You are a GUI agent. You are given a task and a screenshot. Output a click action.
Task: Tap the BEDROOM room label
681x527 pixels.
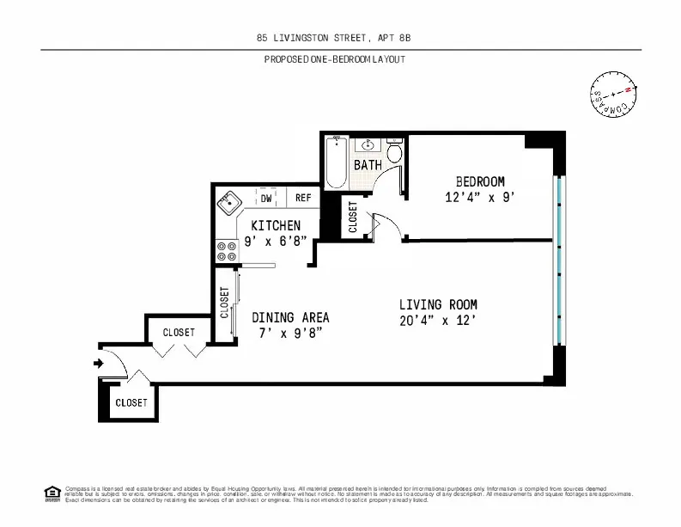(x=479, y=181)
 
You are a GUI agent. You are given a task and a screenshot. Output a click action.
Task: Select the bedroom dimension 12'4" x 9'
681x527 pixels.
(x=479, y=197)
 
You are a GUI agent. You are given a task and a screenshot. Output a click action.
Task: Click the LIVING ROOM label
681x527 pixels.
(x=438, y=304)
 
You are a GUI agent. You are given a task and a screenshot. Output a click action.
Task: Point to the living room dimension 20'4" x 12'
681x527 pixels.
(x=438, y=321)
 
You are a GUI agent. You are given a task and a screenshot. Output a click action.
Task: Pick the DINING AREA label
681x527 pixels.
(x=290, y=317)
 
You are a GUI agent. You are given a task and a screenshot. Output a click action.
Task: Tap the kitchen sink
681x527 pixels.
(x=228, y=205)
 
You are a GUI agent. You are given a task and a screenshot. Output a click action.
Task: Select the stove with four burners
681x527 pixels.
(x=228, y=250)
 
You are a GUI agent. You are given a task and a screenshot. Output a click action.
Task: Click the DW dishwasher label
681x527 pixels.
(x=266, y=198)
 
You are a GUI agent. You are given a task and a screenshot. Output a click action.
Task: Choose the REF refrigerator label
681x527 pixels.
(x=302, y=198)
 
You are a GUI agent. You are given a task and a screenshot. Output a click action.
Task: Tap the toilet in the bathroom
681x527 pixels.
(x=394, y=152)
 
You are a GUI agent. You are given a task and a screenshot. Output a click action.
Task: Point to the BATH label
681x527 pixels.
(x=368, y=164)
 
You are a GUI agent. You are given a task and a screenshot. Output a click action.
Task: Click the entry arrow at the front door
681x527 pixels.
(x=99, y=364)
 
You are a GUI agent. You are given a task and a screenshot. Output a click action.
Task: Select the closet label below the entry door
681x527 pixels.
(x=131, y=402)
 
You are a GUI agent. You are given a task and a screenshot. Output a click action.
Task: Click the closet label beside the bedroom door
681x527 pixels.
(x=353, y=217)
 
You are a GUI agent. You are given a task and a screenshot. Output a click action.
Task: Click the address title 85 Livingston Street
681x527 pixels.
(x=340, y=38)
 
